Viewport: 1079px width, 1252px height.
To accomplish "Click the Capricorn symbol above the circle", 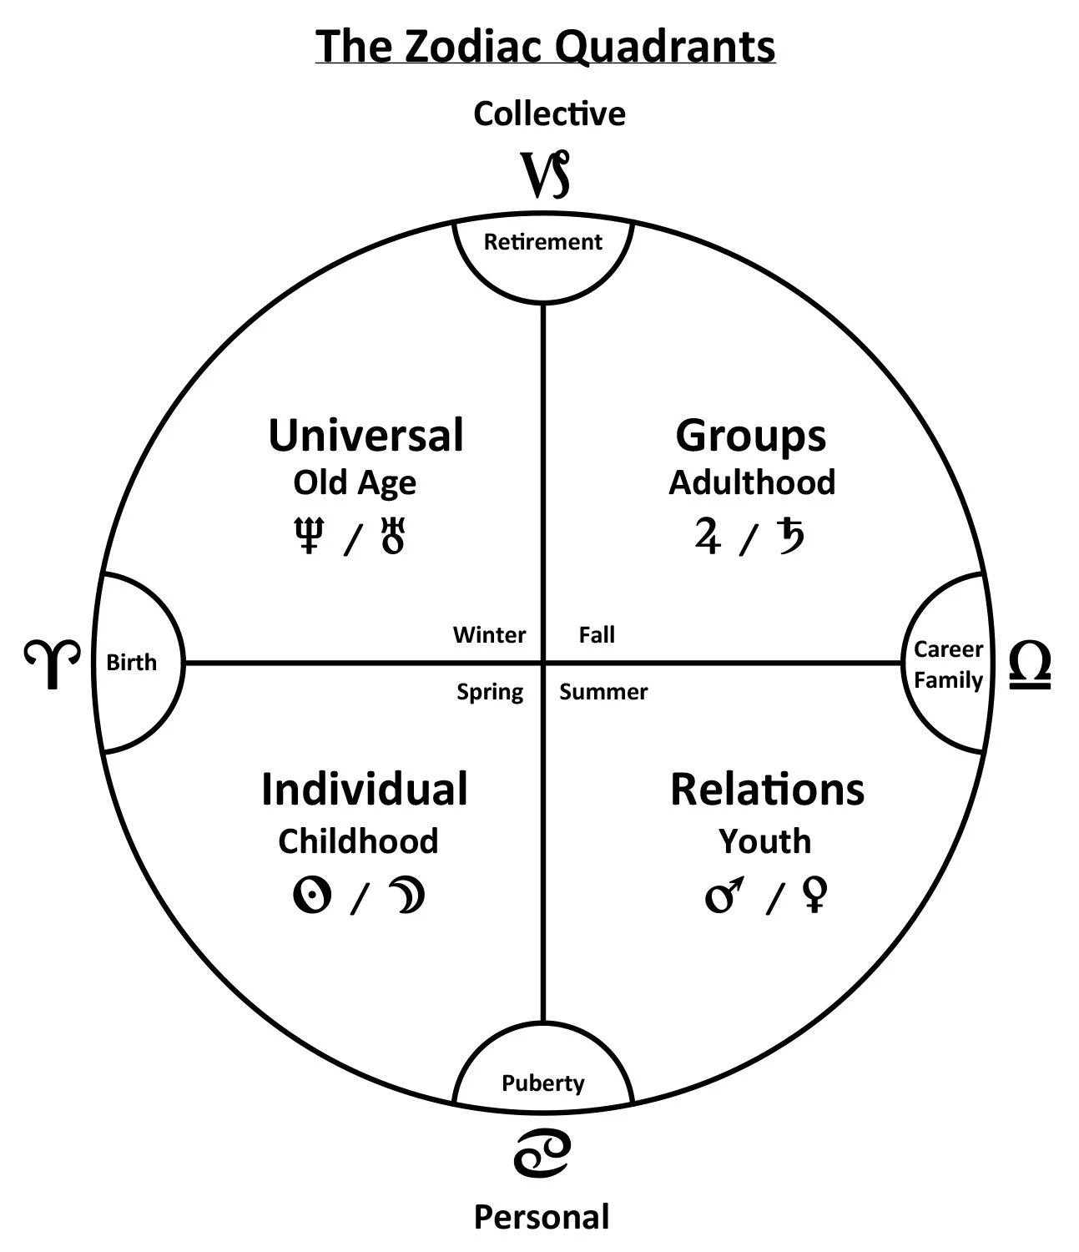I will [x=546, y=175].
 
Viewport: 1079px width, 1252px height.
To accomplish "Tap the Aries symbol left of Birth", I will [x=52, y=664].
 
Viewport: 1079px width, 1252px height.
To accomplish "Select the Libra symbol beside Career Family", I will [x=1029, y=665].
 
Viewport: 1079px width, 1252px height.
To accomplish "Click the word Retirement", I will [x=542, y=242].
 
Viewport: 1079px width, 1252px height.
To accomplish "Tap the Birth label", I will [x=132, y=663].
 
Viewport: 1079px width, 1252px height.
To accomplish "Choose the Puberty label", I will [x=542, y=1083].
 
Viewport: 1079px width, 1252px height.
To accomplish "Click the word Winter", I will [x=489, y=635].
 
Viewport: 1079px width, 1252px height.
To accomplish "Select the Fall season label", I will [x=597, y=635].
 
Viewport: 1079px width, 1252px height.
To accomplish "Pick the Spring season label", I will [x=490, y=692].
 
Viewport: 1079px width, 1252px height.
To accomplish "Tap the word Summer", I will [x=603, y=692].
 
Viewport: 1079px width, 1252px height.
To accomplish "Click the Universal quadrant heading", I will [x=366, y=436].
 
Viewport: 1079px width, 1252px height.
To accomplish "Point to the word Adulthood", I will [x=752, y=482].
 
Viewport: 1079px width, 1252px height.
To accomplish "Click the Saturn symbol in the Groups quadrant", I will [x=789, y=535].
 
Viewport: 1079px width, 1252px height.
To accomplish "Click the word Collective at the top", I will [x=549, y=114].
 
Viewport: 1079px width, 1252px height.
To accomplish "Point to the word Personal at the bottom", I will [x=542, y=1218].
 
